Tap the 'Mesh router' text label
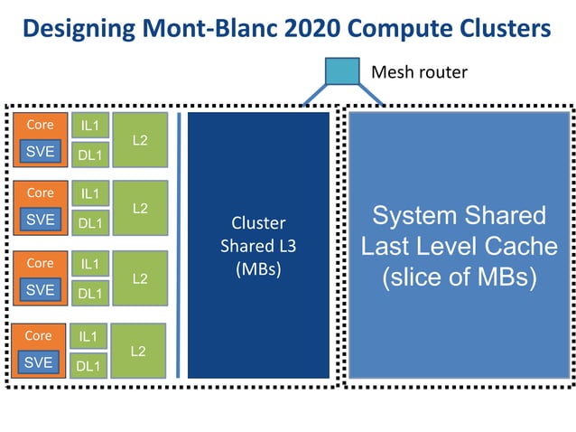419,71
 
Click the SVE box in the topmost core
40,151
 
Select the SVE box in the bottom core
38,362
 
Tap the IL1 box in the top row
89,126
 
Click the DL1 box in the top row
89,155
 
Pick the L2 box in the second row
140,208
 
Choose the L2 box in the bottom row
138,351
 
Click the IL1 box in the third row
89,263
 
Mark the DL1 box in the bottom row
88,365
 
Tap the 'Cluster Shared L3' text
258,234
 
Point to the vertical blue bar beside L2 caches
179,244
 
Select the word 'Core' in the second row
40,193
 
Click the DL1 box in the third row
89,293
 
